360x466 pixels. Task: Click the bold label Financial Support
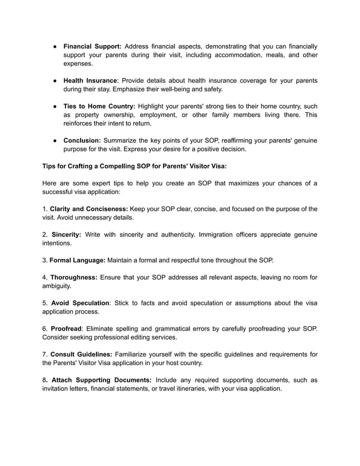92,46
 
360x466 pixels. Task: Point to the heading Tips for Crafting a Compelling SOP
134,166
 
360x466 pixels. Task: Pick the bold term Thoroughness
74,277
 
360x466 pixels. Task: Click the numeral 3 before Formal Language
45,260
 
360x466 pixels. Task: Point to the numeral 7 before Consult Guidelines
45,354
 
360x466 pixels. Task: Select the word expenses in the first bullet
79,65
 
